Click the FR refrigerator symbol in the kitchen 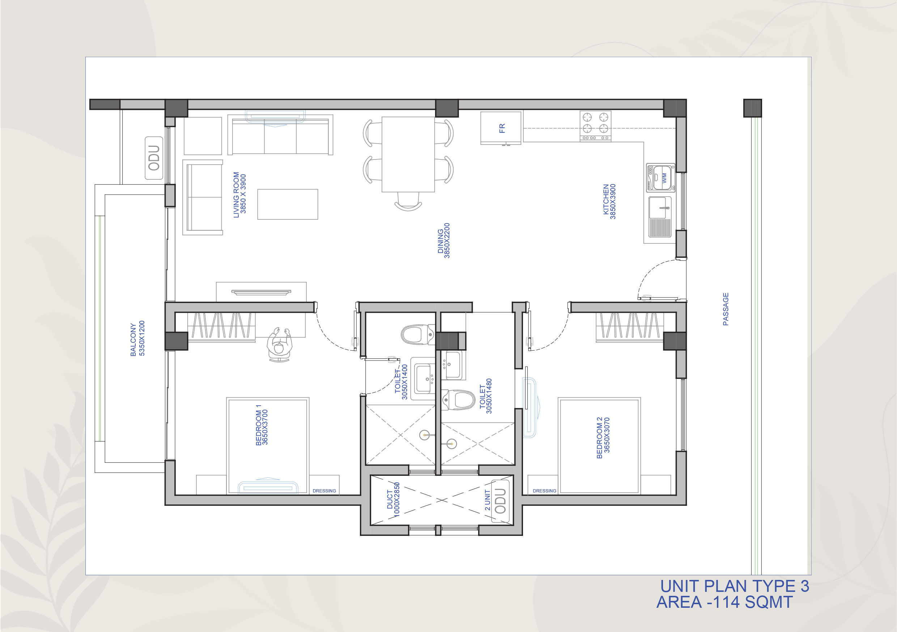(501, 128)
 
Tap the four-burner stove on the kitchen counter (595, 126)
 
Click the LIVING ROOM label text (236, 195)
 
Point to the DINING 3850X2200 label (444, 240)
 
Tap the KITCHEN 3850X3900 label (609, 201)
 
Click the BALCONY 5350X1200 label (137, 339)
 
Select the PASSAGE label (726, 309)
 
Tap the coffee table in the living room (288, 204)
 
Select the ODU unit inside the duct (501, 501)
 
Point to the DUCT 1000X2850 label (393, 500)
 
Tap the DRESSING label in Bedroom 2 (545, 491)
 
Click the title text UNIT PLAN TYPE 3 (735, 586)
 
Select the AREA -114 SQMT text (725, 602)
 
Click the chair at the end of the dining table (408, 201)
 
